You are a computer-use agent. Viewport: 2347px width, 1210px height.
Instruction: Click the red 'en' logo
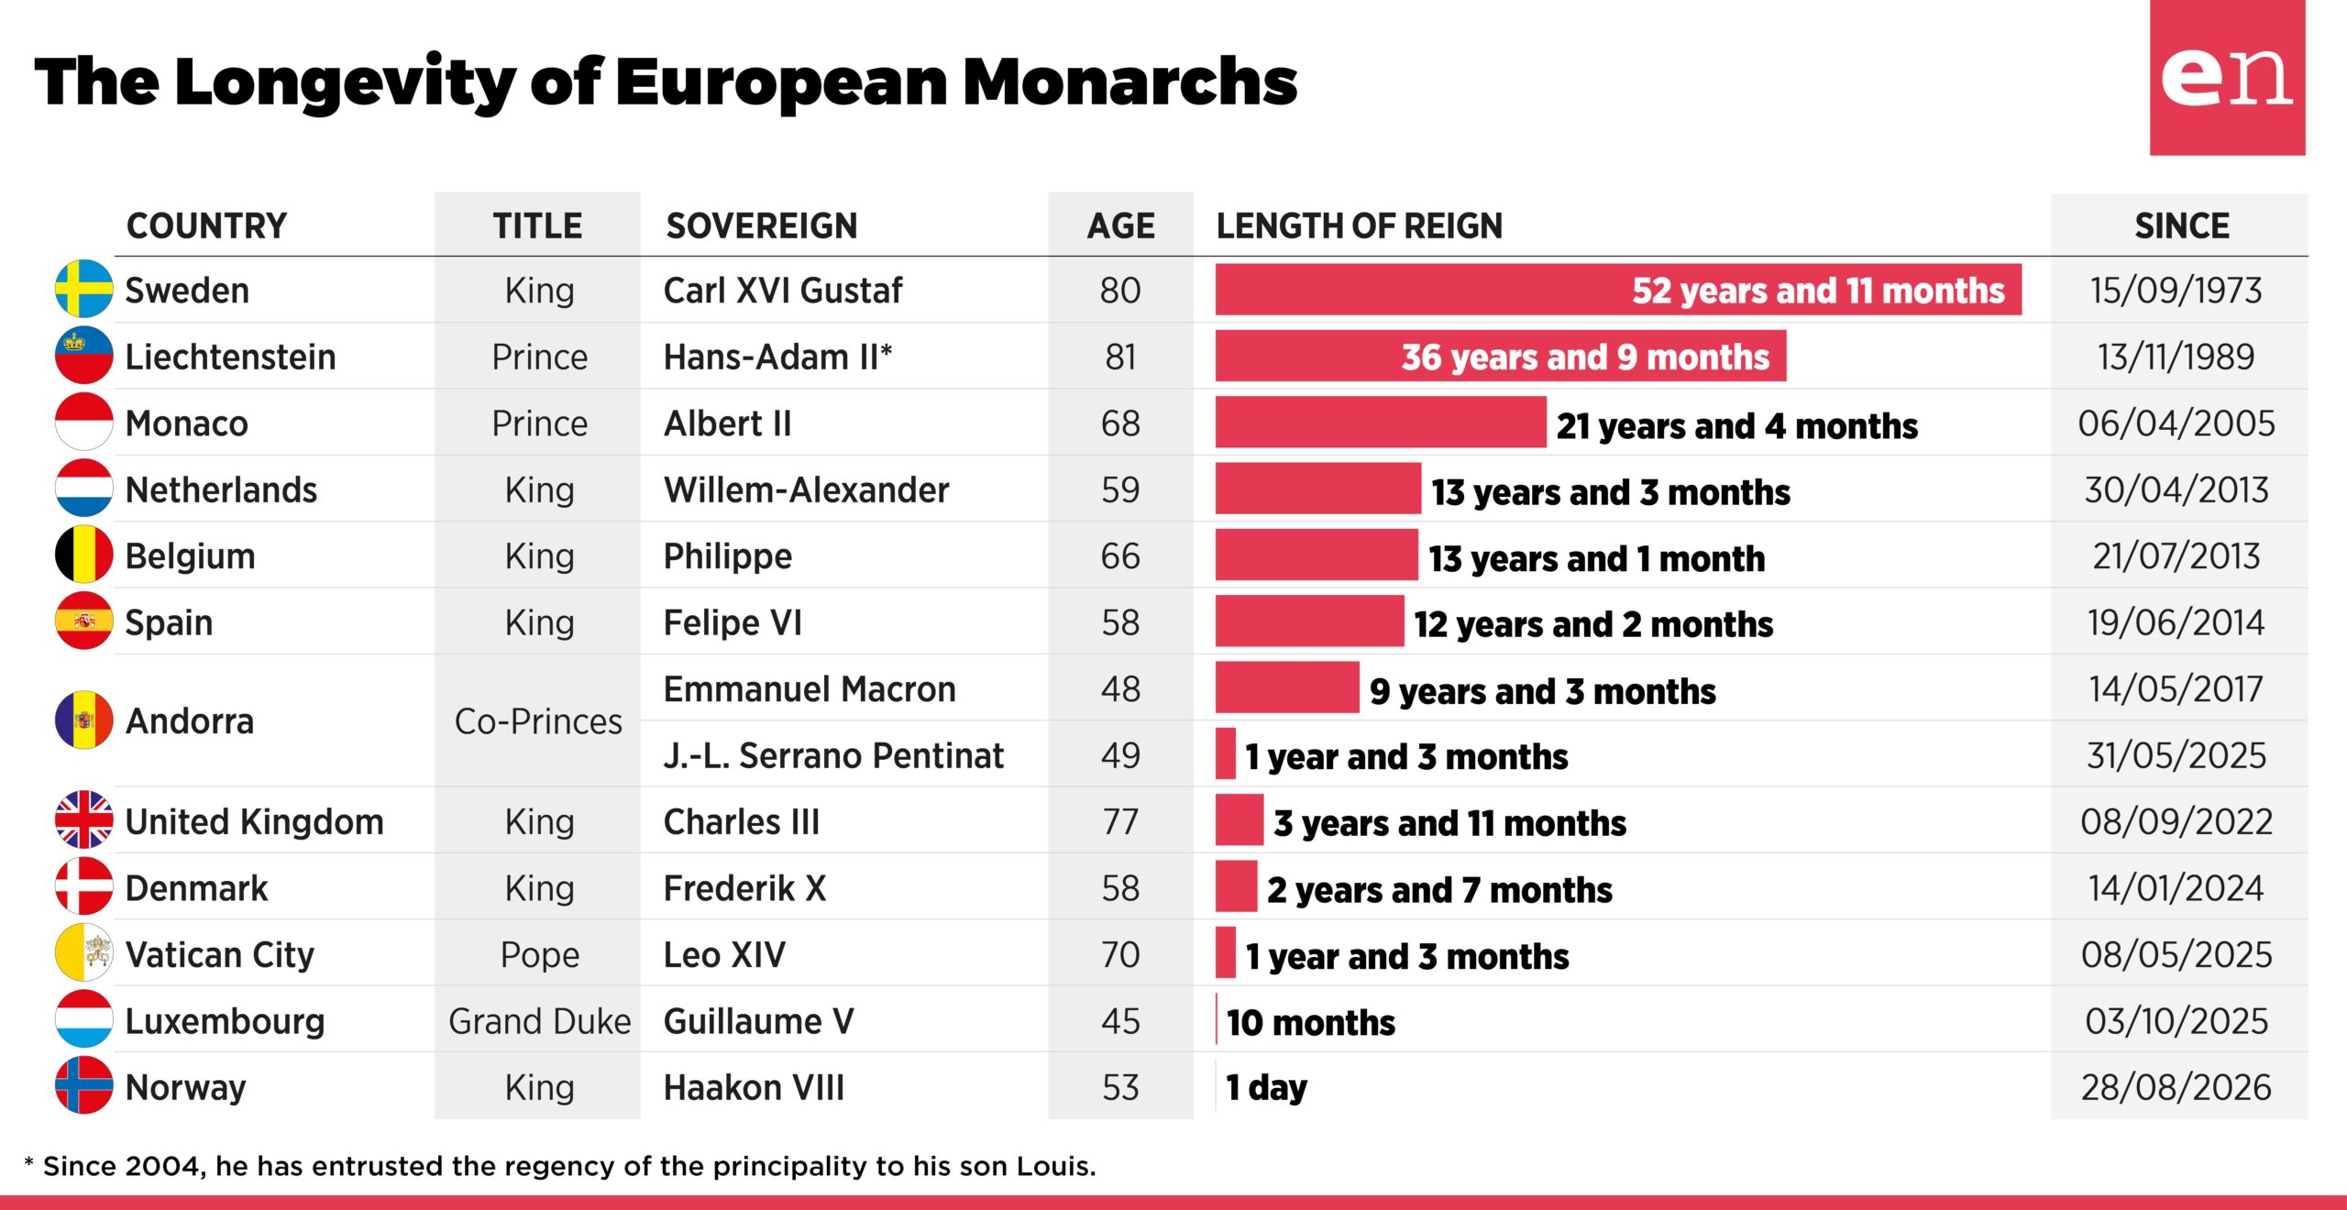pos(2227,78)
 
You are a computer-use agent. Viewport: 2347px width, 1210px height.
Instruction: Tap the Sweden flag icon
pos(84,289)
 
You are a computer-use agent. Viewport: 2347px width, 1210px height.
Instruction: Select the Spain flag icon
pos(84,621)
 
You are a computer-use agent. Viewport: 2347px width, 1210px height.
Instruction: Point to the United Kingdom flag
pos(84,819)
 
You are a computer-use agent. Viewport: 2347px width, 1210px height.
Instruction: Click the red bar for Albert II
pos(1381,423)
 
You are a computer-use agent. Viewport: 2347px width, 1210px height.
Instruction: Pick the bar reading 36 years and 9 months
pos(1501,356)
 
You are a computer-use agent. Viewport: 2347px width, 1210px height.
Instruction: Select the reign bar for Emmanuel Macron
pos(1287,687)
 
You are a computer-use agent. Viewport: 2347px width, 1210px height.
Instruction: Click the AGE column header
pos(1121,225)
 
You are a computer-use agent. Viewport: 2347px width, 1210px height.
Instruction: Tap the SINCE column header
pos(2182,225)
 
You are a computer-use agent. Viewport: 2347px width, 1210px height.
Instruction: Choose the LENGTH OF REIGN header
pos(1360,225)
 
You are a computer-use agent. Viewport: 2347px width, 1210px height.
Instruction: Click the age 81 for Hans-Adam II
pos(1120,357)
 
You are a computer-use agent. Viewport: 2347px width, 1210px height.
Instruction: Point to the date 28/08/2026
pos(2176,1088)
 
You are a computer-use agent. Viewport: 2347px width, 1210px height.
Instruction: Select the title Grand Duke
pos(540,1021)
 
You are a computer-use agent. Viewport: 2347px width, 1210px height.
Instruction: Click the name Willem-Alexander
pos(807,489)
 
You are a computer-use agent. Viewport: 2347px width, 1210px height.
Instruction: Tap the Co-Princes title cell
pos(538,721)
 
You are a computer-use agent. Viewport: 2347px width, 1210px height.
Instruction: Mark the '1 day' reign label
pos(1267,1088)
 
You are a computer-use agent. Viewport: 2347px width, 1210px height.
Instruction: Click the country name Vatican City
pos(220,955)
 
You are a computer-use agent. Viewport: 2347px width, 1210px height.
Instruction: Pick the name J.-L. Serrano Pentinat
pos(833,755)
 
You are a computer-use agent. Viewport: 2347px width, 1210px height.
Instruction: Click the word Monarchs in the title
pos(1130,82)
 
